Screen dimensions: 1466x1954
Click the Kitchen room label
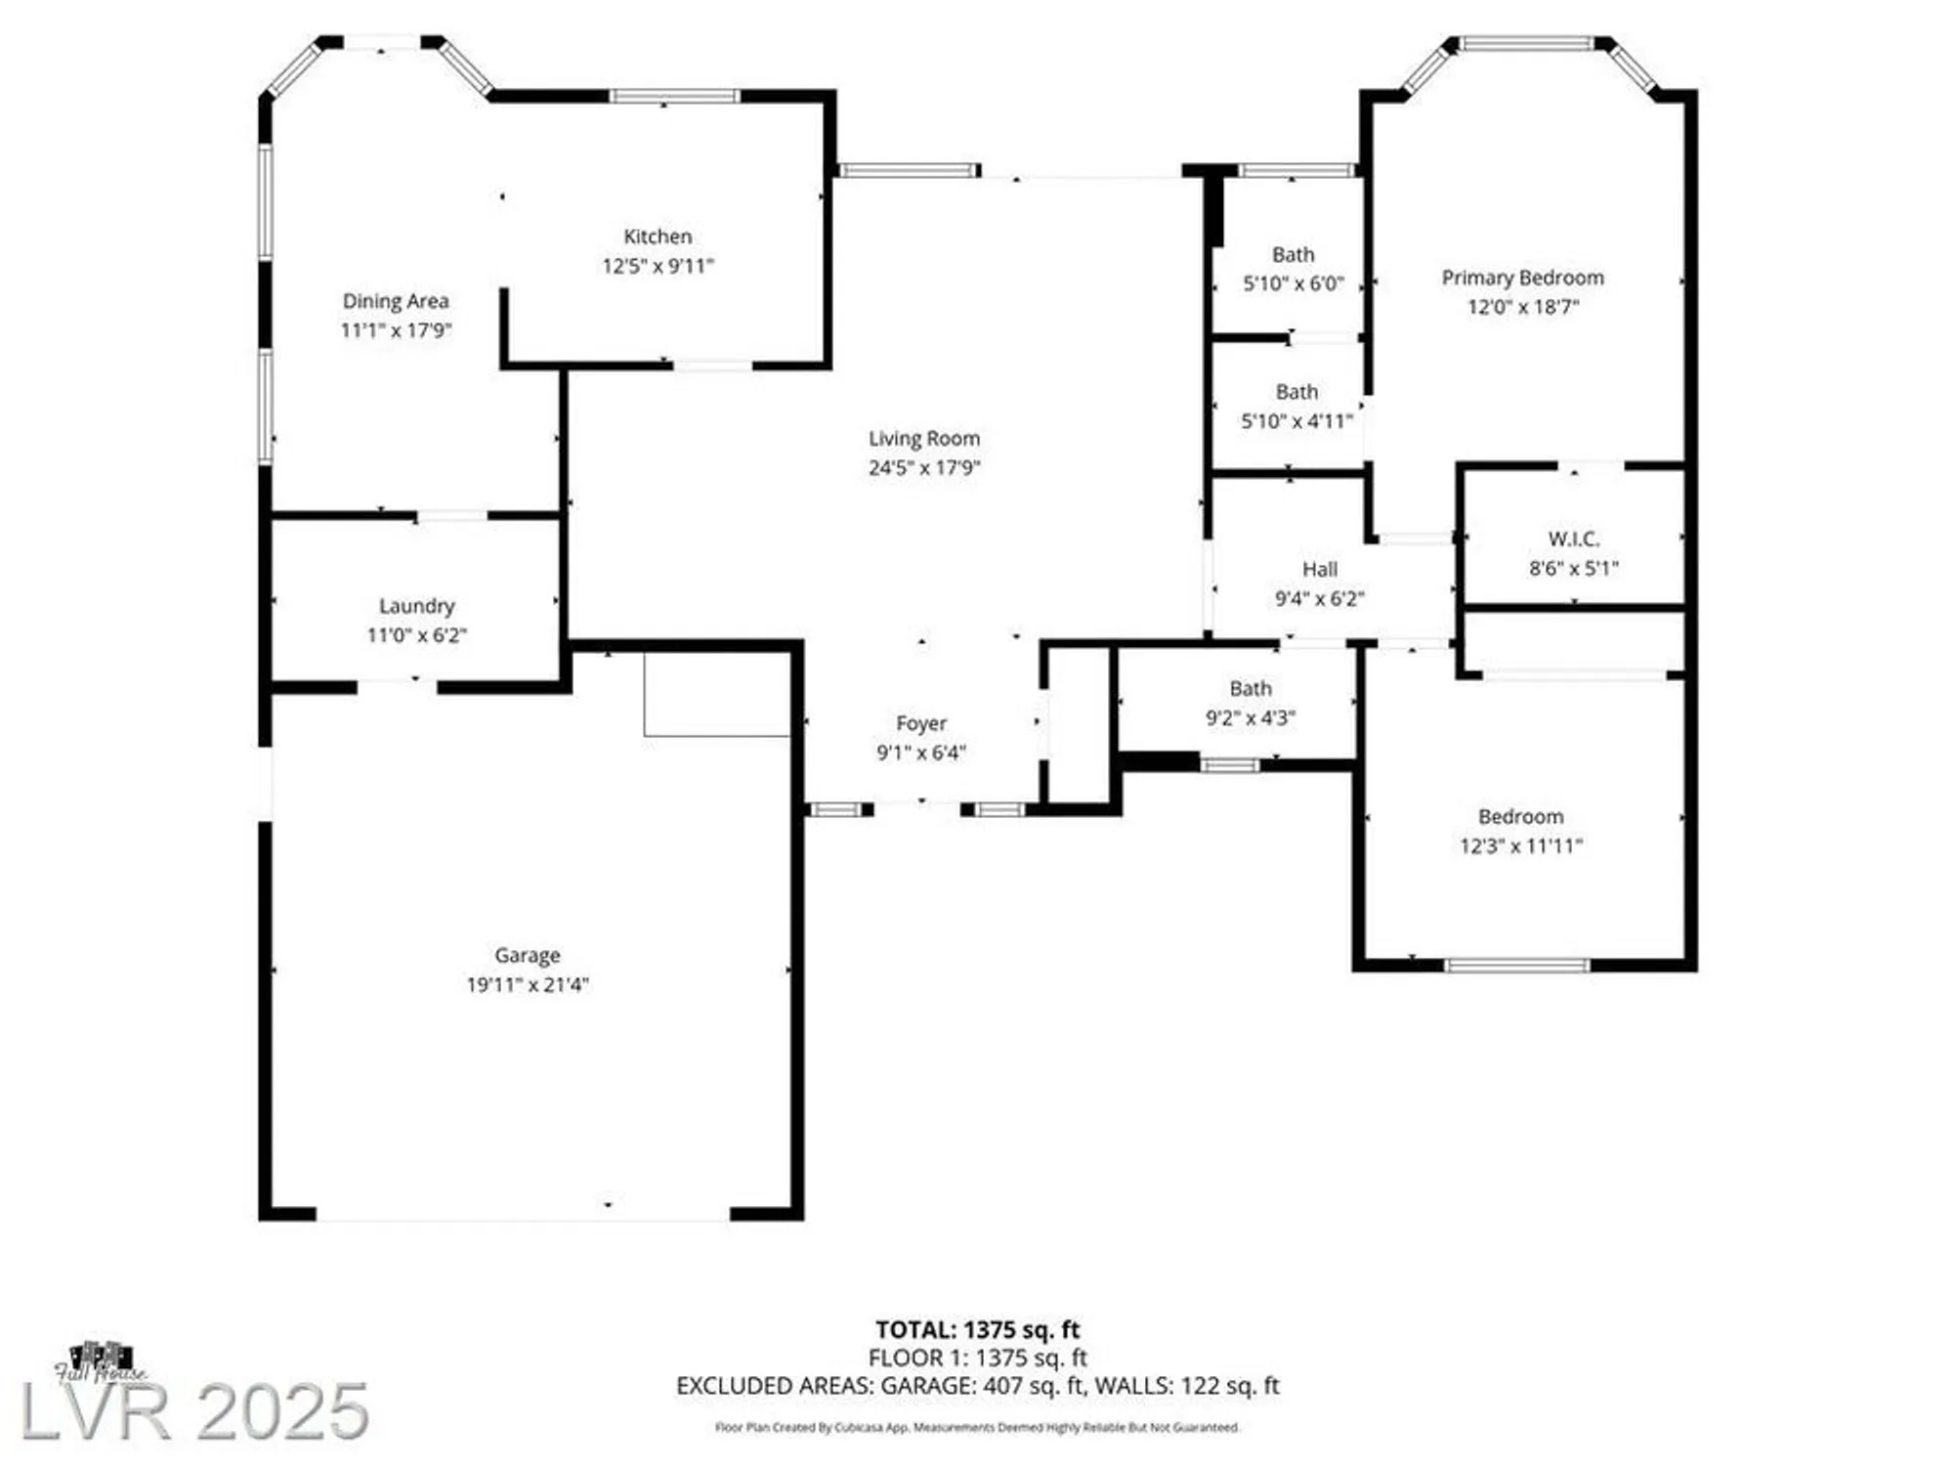click(658, 237)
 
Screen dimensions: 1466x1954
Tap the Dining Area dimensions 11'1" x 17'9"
click(396, 330)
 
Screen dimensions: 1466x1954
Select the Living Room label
click(924, 439)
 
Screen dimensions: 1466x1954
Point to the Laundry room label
click(417, 606)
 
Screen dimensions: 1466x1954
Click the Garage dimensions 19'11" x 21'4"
click(527, 984)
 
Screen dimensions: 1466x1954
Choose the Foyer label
click(921, 723)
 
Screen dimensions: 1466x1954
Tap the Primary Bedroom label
click(1522, 278)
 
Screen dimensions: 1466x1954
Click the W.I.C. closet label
click(1573, 539)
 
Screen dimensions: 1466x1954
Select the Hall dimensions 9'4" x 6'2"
click(1319, 598)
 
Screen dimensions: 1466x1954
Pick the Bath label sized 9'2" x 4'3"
click(1251, 689)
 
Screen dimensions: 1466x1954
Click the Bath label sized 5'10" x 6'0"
click(1293, 255)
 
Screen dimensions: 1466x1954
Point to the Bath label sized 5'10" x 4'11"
click(1296, 392)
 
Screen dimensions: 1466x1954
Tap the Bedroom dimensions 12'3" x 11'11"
click(1520, 845)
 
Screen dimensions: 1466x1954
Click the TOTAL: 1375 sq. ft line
click(977, 1329)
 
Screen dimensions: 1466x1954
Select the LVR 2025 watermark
click(195, 1410)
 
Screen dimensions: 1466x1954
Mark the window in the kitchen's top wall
click(674, 96)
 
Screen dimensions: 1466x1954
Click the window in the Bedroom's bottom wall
click(1516, 966)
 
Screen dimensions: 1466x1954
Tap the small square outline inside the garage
click(716, 695)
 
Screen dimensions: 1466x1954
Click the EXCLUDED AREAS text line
click(977, 1386)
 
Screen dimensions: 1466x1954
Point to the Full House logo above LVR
click(101, 1361)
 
